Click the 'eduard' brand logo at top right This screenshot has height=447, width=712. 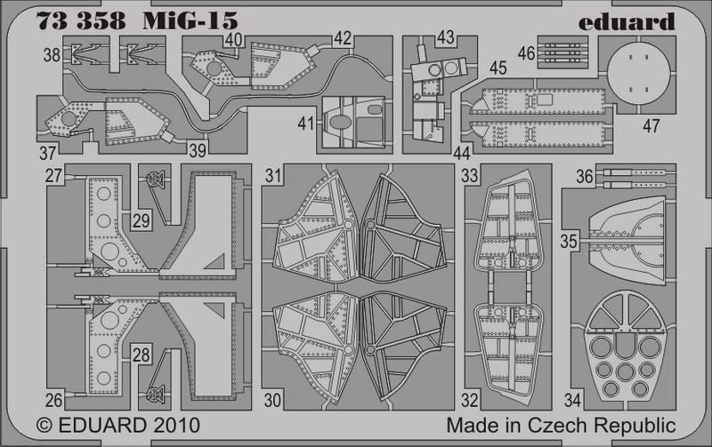pos(627,21)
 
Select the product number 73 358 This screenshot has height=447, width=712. pos(81,20)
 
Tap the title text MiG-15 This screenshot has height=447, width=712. pos(190,20)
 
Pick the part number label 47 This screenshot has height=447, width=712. pos(651,125)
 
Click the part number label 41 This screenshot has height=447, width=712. pos(306,124)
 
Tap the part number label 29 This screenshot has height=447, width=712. pos(142,220)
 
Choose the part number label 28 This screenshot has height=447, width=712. pos(142,354)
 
